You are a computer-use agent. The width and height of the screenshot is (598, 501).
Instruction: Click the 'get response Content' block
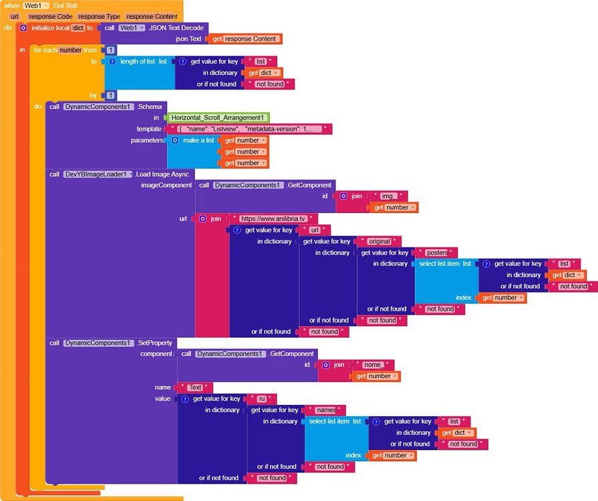click(x=245, y=39)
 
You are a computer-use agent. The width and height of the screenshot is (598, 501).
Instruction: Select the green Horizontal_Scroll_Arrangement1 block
click(x=217, y=118)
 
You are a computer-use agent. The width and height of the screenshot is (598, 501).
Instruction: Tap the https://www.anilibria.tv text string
click(x=274, y=218)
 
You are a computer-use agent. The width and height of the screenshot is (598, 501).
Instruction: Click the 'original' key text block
click(x=379, y=241)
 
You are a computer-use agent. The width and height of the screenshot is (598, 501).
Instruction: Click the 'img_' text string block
click(x=388, y=196)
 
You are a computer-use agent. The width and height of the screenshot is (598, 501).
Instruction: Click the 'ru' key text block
click(x=262, y=399)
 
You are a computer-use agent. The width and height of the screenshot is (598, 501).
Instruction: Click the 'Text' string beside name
click(x=195, y=387)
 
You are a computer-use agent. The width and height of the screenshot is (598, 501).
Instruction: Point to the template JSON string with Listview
click(x=251, y=129)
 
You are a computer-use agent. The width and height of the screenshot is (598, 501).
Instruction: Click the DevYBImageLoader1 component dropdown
click(x=98, y=174)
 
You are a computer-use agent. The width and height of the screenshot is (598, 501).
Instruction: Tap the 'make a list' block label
click(x=198, y=140)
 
